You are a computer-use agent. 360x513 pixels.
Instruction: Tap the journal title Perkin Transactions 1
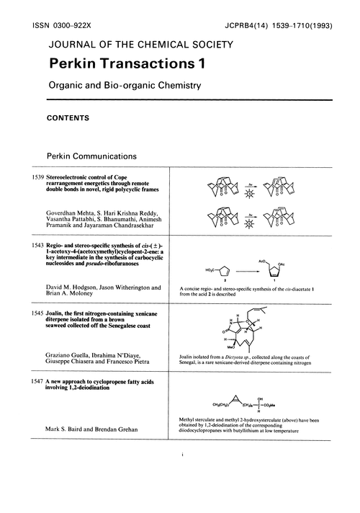point(126,64)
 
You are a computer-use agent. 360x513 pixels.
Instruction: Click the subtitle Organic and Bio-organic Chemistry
point(122,85)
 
